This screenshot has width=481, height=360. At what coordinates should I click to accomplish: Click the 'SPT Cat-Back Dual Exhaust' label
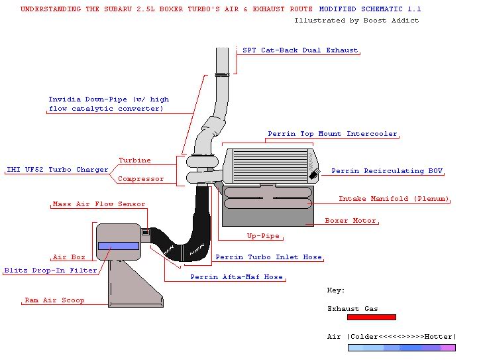pyautogui.click(x=300, y=50)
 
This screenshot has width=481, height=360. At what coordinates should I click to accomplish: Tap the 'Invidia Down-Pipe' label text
pyautogui.click(x=108, y=104)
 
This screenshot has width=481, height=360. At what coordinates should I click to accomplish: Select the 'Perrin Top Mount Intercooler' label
pyautogui.click(x=333, y=134)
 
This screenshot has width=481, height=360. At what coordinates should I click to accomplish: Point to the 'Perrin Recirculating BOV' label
pyautogui.click(x=387, y=171)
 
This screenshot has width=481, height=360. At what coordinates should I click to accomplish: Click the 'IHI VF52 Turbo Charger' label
pyautogui.click(x=57, y=170)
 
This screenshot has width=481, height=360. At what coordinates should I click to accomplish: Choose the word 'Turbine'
pyautogui.click(x=134, y=160)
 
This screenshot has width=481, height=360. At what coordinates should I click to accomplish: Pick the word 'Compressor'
pyautogui.click(x=140, y=179)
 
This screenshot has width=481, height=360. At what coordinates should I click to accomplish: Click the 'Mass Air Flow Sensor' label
pyautogui.click(x=99, y=204)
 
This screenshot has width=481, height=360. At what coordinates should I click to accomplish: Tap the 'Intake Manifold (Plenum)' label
pyautogui.click(x=394, y=199)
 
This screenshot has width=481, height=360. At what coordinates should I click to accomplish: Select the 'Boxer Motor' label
pyautogui.click(x=350, y=221)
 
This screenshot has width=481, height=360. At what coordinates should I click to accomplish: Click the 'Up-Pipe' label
pyautogui.click(x=263, y=236)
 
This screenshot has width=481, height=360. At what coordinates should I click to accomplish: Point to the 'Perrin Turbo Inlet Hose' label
pyautogui.click(x=268, y=257)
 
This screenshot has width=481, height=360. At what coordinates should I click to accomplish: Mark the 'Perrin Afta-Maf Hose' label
pyautogui.click(x=237, y=277)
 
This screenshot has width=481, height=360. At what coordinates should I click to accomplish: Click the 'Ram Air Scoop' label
pyautogui.click(x=54, y=300)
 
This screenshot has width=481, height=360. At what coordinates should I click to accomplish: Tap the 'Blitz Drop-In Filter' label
pyautogui.click(x=50, y=270)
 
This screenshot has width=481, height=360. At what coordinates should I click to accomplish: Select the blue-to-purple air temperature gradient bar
pyautogui.click(x=401, y=347)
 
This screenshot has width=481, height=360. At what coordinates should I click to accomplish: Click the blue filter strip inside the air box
pyautogui.click(x=119, y=246)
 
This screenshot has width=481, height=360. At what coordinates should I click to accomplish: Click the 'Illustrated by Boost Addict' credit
pyautogui.click(x=356, y=21)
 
